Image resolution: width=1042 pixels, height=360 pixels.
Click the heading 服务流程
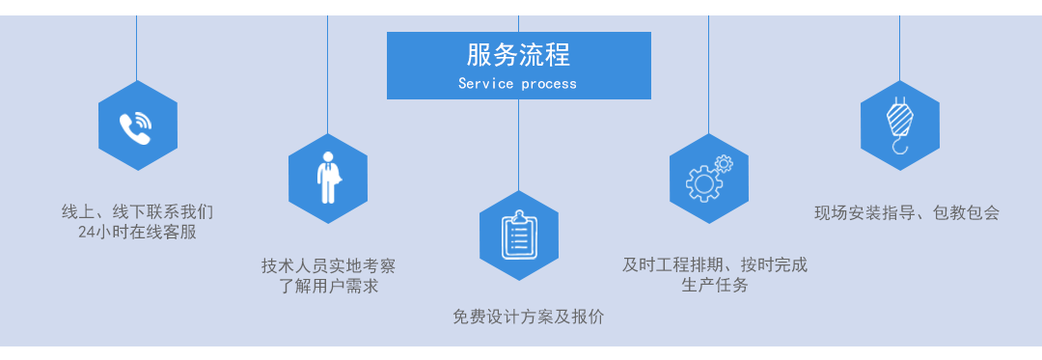(x=518, y=55)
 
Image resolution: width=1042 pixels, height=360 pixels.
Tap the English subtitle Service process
(x=518, y=84)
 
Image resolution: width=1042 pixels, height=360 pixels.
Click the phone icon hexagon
(x=138, y=125)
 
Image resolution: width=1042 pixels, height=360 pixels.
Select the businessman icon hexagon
(x=328, y=178)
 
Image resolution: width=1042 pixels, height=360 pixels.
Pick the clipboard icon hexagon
(x=518, y=235)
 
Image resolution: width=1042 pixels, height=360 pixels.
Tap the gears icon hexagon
(x=708, y=178)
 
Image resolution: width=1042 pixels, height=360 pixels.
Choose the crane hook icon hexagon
(x=900, y=125)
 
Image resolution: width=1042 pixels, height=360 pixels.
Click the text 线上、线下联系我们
(x=138, y=212)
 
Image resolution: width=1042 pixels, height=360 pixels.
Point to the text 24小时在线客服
(x=138, y=234)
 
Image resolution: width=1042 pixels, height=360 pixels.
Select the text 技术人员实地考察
(x=328, y=266)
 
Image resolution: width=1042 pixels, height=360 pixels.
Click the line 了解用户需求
(x=328, y=287)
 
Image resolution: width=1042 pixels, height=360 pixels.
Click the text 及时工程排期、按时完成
(x=715, y=265)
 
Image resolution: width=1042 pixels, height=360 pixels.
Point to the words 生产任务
(x=715, y=286)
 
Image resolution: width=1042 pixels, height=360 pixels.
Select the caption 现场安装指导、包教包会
(x=907, y=212)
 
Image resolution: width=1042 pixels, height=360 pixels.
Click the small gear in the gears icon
(x=723, y=163)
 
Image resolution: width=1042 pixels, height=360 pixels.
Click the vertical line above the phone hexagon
(x=137, y=48)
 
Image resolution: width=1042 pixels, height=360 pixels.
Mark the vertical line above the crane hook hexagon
(x=900, y=48)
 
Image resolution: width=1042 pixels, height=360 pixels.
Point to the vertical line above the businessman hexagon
(x=328, y=74)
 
